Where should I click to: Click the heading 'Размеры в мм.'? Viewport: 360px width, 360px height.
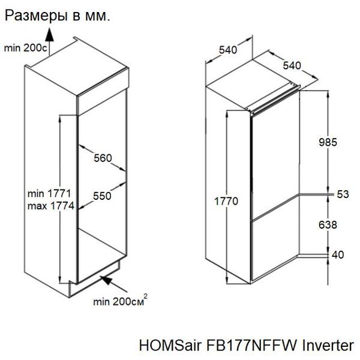[x=58, y=16]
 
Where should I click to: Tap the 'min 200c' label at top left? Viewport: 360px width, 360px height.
[x=25, y=48]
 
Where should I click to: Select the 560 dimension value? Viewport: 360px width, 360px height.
[x=103, y=158]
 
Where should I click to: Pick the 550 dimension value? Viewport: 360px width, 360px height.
[x=102, y=196]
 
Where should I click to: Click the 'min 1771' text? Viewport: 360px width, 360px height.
[x=49, y=194]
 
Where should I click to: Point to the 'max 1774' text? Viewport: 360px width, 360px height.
[x=51, y=206]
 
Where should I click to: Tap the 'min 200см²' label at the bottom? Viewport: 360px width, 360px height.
[x=120, y=301]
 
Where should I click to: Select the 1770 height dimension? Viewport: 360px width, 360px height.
[x=226, y=201]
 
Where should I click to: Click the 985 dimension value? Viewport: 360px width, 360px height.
[x=328, y=142]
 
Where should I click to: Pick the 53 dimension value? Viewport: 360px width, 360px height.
[x=343, y=194]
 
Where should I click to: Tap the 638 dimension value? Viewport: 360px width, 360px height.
[x=328, y=225]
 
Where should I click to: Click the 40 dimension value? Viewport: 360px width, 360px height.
[x=338, y=255]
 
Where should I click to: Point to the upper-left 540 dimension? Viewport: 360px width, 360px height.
[x=228, y=50]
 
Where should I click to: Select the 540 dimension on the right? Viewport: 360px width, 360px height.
[x=292, y=65]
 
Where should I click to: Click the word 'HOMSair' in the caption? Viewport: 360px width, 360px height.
[x=171, y=345]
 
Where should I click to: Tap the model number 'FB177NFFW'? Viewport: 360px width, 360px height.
[x=251, y=345]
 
